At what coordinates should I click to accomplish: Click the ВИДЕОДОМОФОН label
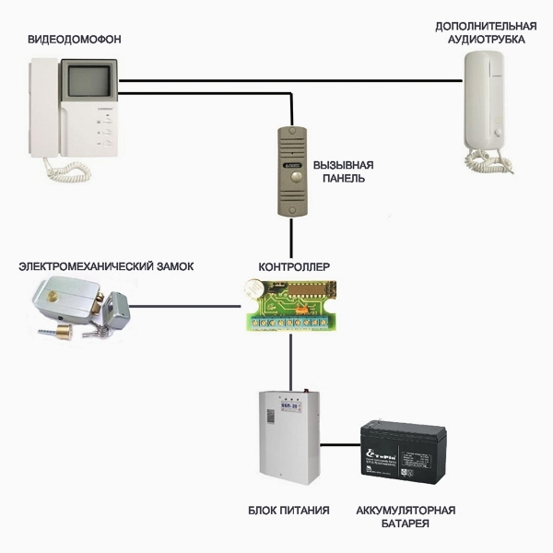[74, 40]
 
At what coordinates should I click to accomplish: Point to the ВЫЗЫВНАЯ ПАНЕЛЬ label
[344, 171]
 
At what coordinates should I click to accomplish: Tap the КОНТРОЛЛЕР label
[294, 266]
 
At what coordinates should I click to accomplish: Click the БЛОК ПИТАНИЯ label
[288, 510]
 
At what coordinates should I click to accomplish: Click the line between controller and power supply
[291, 359]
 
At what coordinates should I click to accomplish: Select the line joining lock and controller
[184, 303]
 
